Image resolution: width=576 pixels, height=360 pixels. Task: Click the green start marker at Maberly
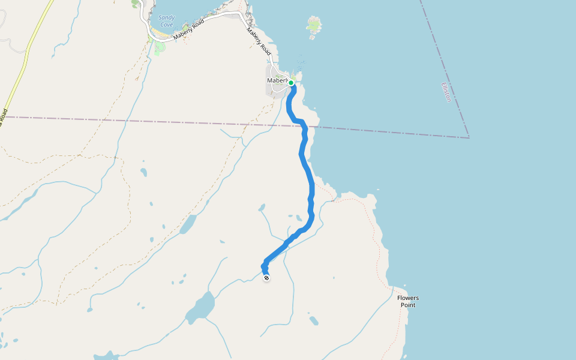tap(290, 83)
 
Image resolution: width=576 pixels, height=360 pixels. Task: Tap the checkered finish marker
tap(266, 277)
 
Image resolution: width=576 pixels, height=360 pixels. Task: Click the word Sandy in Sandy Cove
tap(167, 17)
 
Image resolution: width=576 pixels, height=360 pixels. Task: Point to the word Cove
tap(167, 25)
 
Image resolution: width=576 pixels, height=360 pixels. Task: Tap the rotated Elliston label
tap(446, 92)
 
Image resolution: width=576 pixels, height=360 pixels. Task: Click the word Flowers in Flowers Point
tap(408, 298)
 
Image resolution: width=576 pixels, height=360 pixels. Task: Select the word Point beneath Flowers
tap(408, 305)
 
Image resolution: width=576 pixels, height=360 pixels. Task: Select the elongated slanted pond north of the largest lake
tap(188, 224)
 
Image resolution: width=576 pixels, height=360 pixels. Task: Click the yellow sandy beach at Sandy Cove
tap(161, 37)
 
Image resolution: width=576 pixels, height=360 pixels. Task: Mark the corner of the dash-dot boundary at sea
tap(469, 137)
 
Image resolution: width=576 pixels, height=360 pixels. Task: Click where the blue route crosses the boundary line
tap(304, 127)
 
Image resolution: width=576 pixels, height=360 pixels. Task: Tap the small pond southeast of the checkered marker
tap(313, 320)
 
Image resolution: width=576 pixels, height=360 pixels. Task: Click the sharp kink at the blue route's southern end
tap(263, 265)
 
